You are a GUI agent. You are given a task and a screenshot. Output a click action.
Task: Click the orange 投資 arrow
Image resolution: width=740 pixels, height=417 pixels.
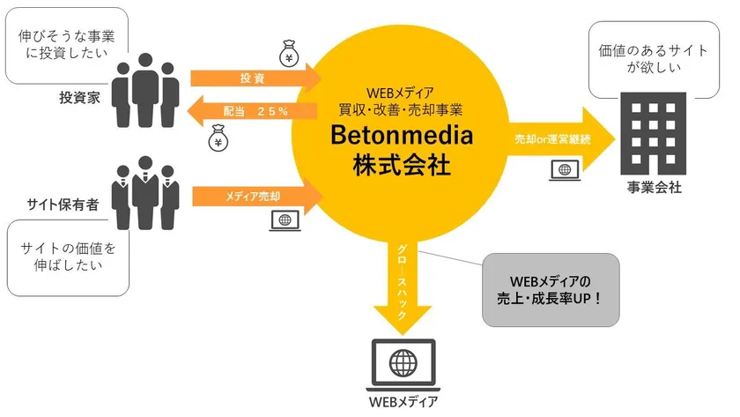(x=255, y=78)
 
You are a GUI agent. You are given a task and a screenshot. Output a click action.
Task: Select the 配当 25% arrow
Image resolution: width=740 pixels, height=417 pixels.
(x=252, y=111)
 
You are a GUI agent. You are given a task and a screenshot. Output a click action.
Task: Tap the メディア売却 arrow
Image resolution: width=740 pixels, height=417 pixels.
(x=257, y=196)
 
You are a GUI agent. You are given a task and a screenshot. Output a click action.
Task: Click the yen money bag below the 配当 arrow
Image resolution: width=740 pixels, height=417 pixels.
(x=218, y=138)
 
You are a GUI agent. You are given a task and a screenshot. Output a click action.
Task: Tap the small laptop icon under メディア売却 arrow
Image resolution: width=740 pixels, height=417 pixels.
(x=285, y=220)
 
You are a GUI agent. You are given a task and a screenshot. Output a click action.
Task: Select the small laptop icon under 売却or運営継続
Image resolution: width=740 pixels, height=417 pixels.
(x=565, y=170)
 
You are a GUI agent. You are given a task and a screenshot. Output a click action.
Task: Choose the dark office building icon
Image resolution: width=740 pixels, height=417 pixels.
(x=653, y=134)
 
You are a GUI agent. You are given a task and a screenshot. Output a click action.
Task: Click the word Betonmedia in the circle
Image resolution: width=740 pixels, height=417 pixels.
(x=402, y=135)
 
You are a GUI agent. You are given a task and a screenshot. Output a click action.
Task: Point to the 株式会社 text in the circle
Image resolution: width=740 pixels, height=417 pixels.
(x=402, y=165)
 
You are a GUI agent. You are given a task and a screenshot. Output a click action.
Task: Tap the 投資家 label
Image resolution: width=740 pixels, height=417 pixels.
(x=80, y=98)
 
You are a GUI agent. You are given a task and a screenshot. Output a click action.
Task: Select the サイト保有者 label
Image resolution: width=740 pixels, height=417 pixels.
(x=63, y=205)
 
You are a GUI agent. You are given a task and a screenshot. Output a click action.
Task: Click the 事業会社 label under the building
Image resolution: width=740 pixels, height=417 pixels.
(x=654, y=188)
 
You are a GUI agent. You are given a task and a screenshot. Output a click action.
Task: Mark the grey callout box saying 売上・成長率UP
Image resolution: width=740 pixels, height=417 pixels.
(x=551, y=290)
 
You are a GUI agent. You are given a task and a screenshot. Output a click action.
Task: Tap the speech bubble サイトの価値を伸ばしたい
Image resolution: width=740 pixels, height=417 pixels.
(x=68, y=257)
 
